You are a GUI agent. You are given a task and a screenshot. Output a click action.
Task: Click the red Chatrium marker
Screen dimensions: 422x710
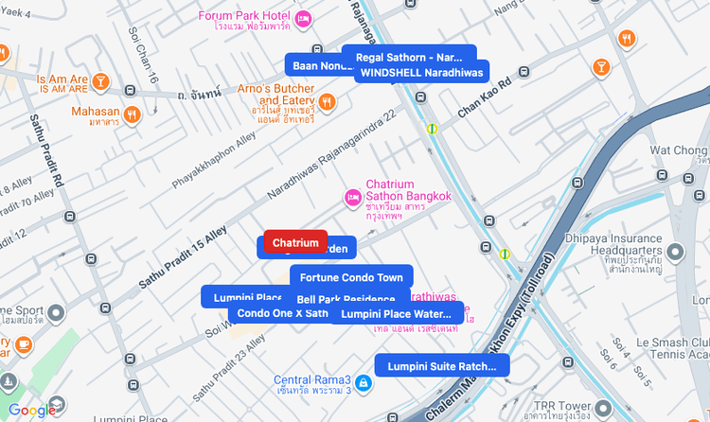point(295,243)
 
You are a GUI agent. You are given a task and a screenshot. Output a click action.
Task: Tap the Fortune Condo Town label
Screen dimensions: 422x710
point(351,277)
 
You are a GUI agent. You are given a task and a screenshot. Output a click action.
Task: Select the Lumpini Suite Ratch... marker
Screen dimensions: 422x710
point(442,366)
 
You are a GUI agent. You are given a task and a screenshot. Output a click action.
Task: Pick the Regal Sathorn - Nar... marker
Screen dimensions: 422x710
point(409,57)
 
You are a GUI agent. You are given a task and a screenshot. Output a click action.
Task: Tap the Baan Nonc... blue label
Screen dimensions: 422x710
point(312,65)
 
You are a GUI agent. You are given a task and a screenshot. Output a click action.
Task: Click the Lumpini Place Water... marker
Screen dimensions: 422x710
point(397,314)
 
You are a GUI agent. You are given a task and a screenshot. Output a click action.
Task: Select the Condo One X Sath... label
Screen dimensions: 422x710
point(281,313)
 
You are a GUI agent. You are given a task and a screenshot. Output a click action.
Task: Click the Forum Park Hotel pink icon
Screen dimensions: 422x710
point(303,19)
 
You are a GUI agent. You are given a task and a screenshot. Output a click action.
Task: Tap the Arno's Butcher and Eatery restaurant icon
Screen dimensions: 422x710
point(327,101)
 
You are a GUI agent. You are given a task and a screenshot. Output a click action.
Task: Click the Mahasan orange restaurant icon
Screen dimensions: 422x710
point(132,114)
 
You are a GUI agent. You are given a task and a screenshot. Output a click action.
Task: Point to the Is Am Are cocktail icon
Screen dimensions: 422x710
point(100,82)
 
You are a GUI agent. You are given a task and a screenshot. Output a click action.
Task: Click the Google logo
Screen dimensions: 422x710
point(31,410)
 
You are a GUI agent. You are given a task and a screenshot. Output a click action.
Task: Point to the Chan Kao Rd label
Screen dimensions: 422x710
point(485,98)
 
